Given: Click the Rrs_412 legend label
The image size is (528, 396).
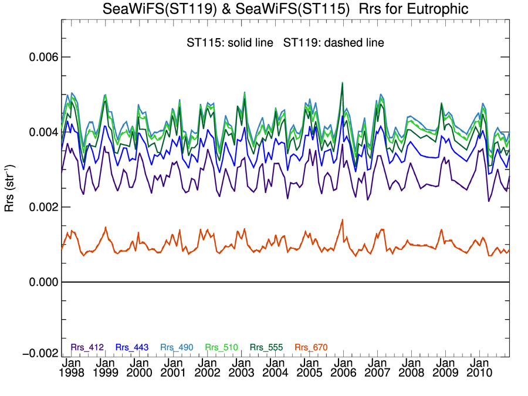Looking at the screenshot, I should click(87, 347).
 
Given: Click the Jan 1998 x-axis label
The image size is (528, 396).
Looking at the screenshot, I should click(70, 367).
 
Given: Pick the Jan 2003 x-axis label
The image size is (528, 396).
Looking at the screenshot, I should click(241, 367).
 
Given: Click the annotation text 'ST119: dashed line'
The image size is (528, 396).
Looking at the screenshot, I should click(333, 43).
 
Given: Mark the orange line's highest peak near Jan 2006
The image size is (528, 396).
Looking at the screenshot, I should click(342, 220).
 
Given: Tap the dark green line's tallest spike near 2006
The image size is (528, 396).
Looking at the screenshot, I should click(342, 83).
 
